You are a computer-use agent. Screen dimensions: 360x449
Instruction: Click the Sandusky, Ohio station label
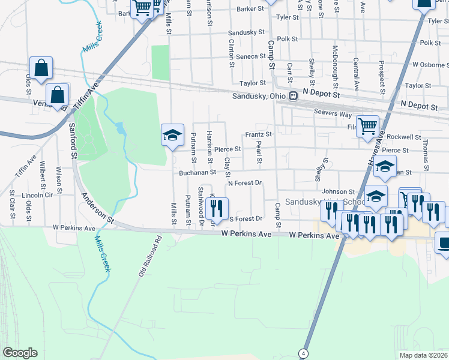point(259,96)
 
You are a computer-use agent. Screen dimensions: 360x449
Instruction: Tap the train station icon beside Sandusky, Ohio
point(294,96)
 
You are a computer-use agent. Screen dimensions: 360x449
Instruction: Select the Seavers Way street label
point(333,114)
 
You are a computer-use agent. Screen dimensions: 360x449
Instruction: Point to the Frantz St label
point(258,134)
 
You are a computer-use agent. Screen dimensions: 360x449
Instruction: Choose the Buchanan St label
point(197,173)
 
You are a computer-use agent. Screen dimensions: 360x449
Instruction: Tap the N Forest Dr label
point(246,182)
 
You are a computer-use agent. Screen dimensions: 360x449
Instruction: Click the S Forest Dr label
point(246,219)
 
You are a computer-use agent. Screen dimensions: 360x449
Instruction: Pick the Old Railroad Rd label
point(150,256)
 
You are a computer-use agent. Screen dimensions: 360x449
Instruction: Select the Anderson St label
point(98,208)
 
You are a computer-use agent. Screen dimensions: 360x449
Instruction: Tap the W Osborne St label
point(426,64)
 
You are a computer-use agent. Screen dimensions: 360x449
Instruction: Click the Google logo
point(20,353)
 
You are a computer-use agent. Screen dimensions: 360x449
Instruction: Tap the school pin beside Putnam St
point(172,135)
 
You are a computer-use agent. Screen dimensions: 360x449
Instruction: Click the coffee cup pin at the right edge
point(444,244)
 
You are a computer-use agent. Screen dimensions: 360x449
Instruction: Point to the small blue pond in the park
point(121,128)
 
